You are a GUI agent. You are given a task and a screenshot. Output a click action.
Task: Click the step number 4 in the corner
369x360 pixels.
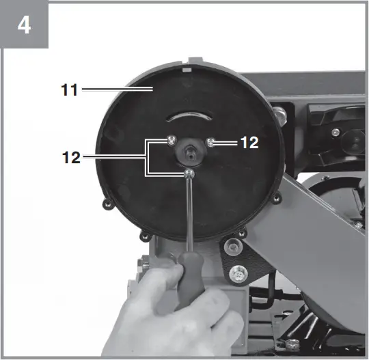24,25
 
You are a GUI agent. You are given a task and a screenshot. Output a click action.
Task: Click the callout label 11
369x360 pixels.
68,88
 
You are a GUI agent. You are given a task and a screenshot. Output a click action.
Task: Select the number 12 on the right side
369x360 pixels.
249,143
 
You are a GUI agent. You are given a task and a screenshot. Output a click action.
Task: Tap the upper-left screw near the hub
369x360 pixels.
169,141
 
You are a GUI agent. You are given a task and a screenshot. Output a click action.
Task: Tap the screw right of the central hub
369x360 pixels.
213,142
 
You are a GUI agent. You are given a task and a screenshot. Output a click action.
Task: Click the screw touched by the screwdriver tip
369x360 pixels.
189,176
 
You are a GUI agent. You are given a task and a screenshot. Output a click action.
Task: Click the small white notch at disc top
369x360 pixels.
186,69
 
